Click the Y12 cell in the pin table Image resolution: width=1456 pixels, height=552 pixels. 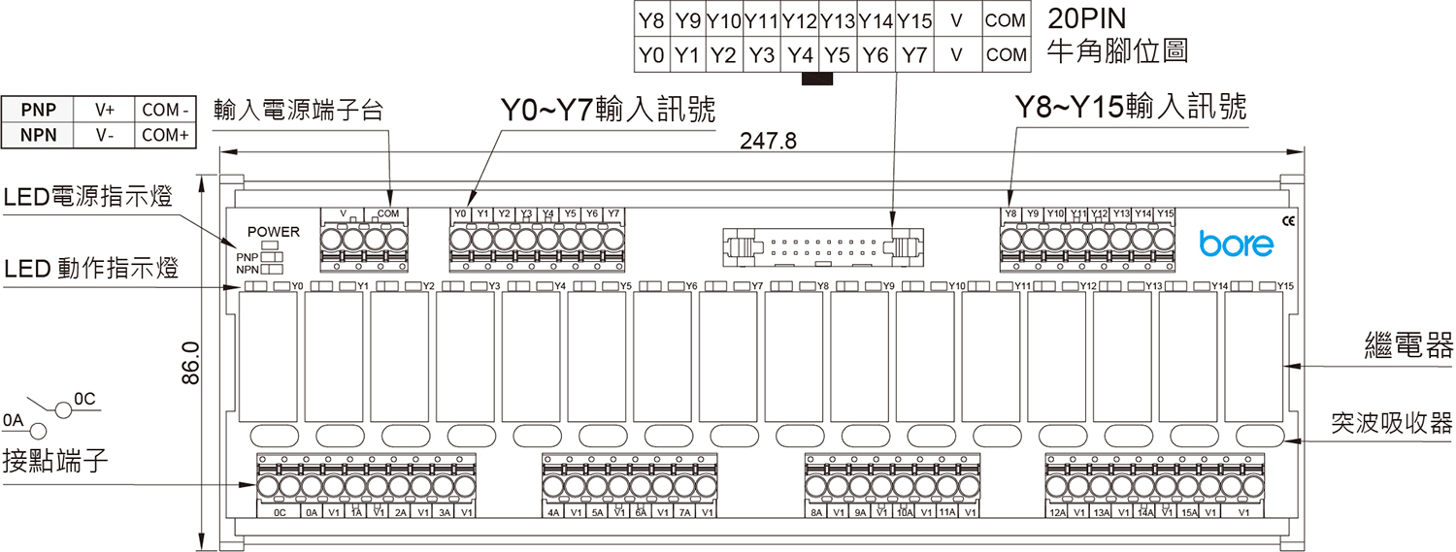[800, 19]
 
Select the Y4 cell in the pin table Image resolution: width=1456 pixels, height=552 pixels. [800, 55]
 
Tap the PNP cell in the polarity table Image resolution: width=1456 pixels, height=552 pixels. [39, 110]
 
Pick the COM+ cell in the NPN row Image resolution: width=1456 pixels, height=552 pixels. [165, 135]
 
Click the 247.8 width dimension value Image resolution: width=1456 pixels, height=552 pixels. [768, 141]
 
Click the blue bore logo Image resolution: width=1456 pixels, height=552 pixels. [1236, 243]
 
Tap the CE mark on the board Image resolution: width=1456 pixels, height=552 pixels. [1288, 220]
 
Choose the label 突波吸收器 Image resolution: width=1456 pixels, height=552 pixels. [1391, 422]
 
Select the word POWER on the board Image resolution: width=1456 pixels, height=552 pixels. [274, 232]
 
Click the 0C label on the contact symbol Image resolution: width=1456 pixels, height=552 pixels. [84, 399]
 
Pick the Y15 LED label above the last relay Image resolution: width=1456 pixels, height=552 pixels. [1285, 286]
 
